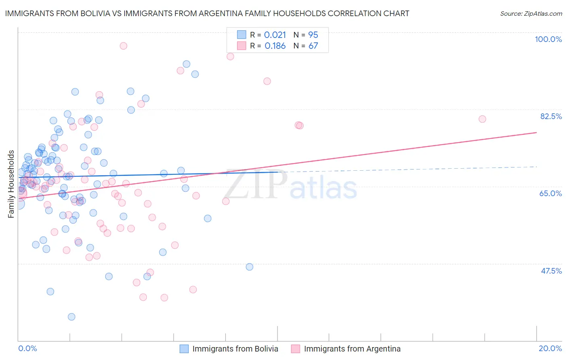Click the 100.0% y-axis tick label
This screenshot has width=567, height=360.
548,39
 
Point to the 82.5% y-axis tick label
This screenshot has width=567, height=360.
551,116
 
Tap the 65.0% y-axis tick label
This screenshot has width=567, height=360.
550,193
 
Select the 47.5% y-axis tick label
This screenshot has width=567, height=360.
551,271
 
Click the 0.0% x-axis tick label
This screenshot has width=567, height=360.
27,348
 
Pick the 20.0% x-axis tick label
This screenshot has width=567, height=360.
550,348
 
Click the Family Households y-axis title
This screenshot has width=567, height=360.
11,184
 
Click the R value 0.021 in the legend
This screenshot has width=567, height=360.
275,35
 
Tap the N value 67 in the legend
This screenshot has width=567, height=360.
313,46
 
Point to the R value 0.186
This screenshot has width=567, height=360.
275,46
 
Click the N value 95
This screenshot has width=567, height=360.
313,35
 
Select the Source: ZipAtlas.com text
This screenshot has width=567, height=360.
531,13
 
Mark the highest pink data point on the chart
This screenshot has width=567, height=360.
123,46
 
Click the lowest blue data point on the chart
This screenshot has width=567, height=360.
71,317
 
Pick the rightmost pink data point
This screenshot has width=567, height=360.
482,119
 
